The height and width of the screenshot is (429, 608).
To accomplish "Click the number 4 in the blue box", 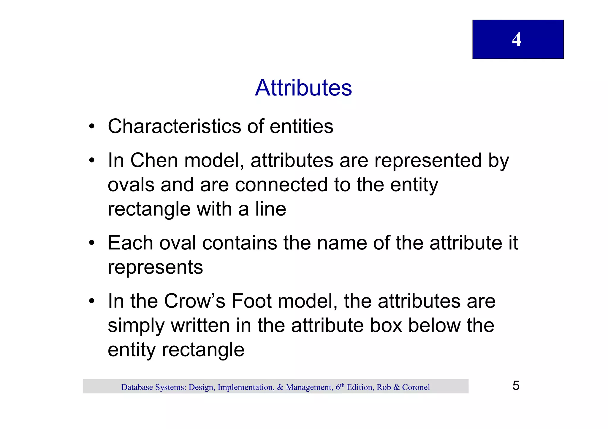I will coord(517,39).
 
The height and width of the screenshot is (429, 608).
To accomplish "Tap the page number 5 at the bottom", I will coord(516,385).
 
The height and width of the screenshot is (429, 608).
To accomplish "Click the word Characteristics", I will coord(175,126).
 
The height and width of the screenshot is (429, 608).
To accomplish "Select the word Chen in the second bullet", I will coord(154,160).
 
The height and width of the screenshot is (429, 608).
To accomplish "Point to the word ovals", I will coord(131,185).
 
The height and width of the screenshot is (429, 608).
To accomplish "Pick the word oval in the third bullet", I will coord(178,243).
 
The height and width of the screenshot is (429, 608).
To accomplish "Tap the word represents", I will coord(155,267).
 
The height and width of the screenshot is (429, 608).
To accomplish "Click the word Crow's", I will coord(194,301).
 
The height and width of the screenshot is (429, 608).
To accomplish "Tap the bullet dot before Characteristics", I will coord(92,127).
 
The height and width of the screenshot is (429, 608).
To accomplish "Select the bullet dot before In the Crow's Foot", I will coord(92,302).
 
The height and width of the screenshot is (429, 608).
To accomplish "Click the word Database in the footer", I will coord(137,387).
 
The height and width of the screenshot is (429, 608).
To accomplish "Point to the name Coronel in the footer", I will coord(416,387).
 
